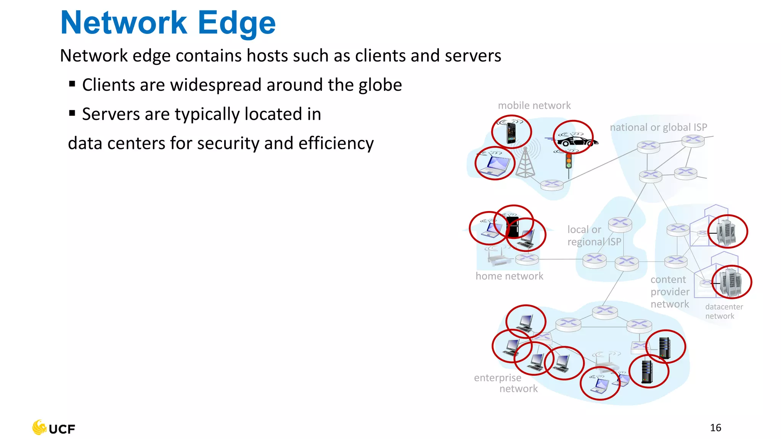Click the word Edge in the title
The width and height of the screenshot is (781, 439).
tap(236, 23)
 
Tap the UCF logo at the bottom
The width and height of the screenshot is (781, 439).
tap(54, 428)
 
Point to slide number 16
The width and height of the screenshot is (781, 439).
tap(715, 428)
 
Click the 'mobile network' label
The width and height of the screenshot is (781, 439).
tap(534, 106)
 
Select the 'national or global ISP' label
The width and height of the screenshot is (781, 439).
tap(658, 127)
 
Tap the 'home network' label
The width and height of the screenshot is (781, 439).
tap(509, 276)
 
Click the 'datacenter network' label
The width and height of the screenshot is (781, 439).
tap(723, 311)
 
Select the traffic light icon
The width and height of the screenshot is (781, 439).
tap(569, 161)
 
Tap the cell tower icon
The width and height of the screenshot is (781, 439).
tap(525, 163)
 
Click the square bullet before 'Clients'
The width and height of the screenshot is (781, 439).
tap(72, 84)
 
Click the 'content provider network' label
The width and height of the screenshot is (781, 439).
tap(670, 292)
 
